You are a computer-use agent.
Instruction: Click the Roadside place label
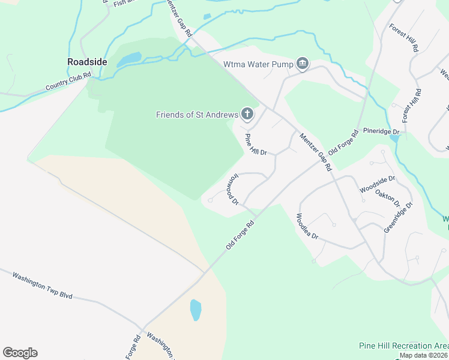coord(87,61)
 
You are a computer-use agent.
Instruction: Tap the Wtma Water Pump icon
coord(303,64)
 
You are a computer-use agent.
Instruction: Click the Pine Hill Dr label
coord(255,145)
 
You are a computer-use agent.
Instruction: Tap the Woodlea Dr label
coord(307,226)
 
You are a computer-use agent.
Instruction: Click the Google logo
coord(20,353)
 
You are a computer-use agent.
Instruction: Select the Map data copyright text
coord(424,355)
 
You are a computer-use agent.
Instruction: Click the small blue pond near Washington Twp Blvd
coord(196,310)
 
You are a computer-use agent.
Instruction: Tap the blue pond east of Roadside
coord(129,59)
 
